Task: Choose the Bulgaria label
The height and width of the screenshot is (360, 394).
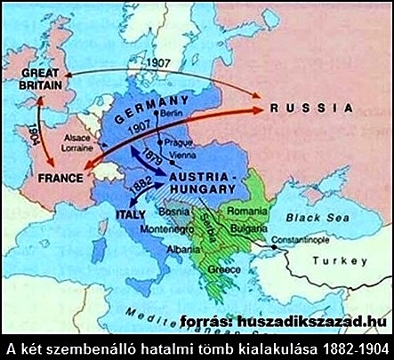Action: (x=245, y=227)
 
